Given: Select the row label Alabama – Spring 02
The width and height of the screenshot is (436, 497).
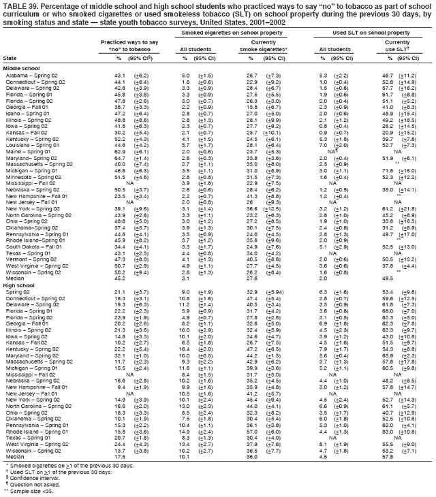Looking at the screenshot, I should coord(29,75).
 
